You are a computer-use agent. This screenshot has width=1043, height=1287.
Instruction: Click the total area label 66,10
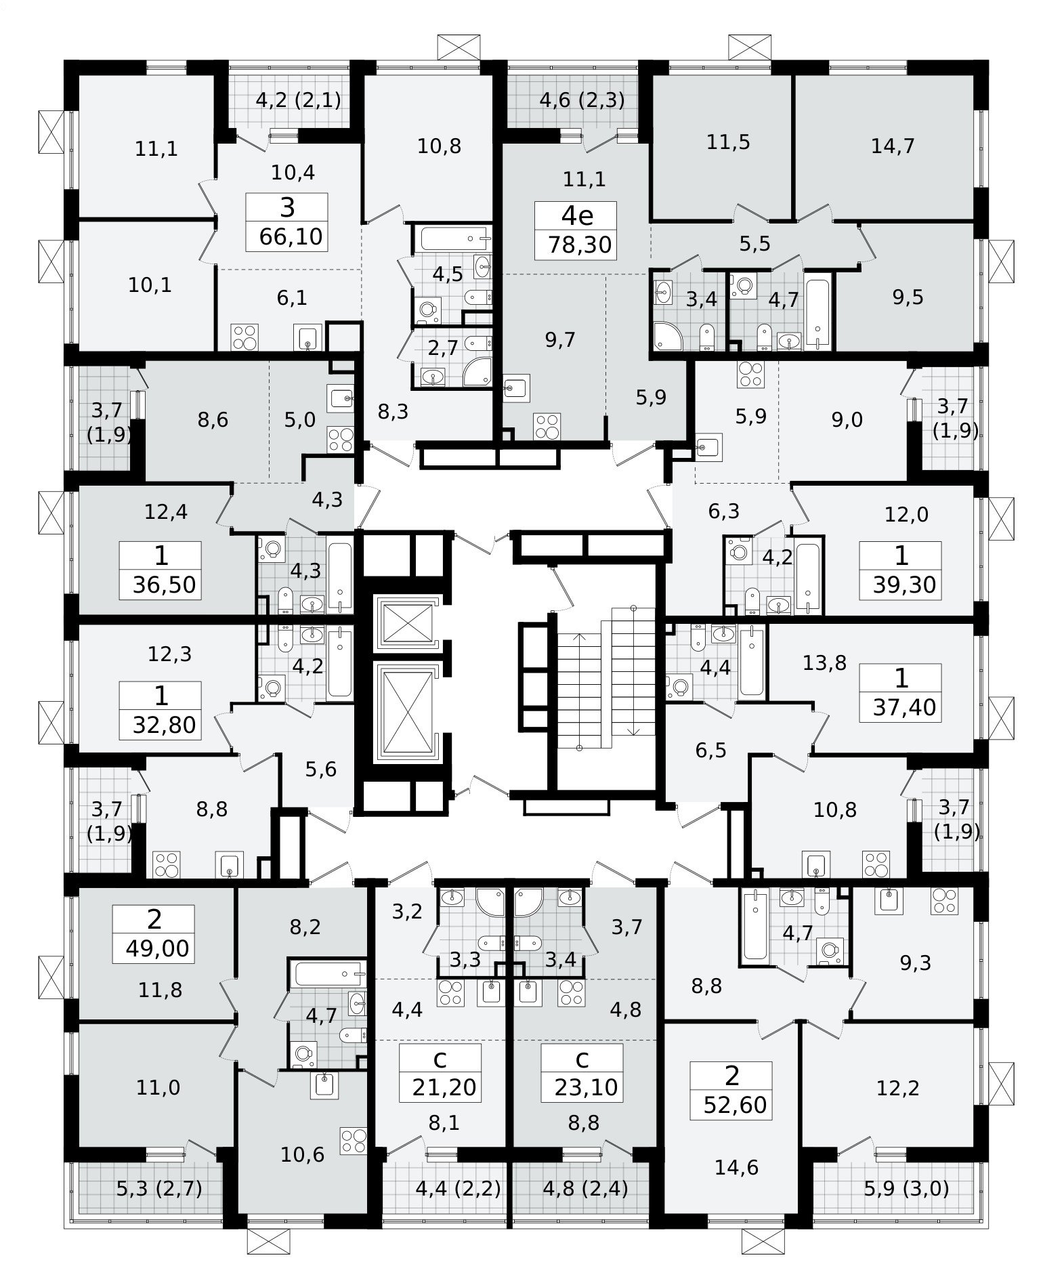click(291, 238)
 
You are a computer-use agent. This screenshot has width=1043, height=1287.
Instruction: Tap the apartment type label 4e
click(577, 216)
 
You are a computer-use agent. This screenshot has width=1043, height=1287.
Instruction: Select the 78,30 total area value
click(580, 245)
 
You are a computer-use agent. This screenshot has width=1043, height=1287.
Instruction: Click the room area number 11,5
click(729, 143)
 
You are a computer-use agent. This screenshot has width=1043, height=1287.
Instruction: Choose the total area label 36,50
click(165, 585)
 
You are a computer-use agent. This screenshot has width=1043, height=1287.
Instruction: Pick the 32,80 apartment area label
click(165, 724)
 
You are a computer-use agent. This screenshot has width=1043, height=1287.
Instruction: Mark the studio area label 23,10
click(587, 1088)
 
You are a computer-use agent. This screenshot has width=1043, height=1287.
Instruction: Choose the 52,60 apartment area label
click(736, 1105)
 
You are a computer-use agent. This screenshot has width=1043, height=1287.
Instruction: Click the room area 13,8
click(825, 663)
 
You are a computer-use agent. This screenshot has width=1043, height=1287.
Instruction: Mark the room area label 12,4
click(166, 511)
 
